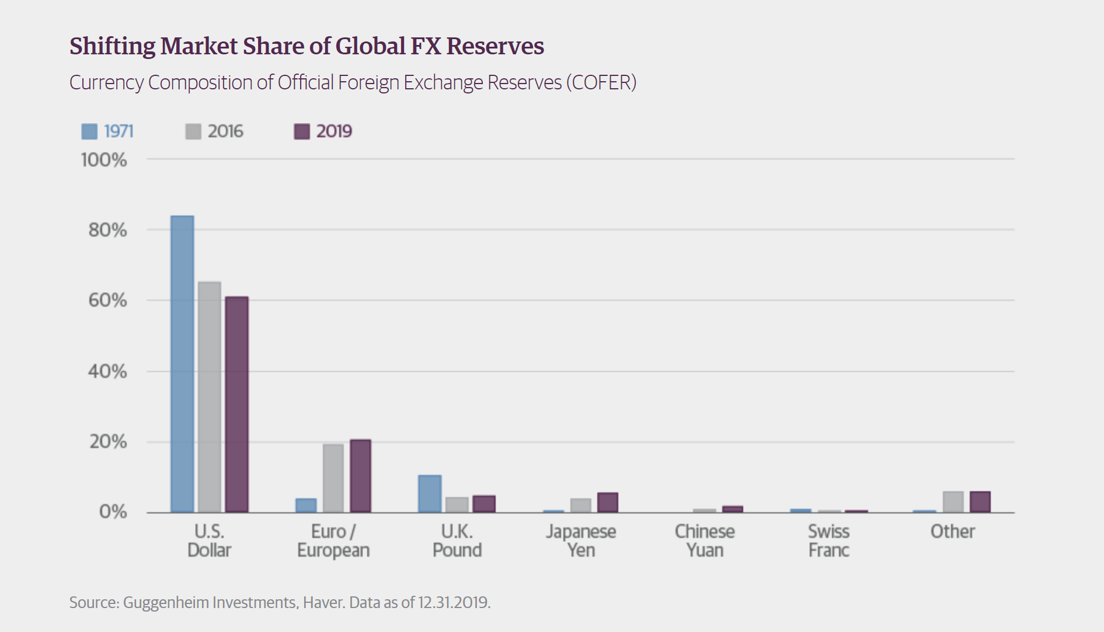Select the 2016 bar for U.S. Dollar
210,397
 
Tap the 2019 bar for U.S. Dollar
237,404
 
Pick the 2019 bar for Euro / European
360,476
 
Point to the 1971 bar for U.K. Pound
430,494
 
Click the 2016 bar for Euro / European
333,478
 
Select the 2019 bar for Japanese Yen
608,502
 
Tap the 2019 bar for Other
980,502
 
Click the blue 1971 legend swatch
89,131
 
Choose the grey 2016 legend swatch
193,131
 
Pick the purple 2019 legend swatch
302,131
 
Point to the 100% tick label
104,159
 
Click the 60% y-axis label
107,300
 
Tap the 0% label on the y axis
113,512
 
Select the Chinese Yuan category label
705,541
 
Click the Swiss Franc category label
828,541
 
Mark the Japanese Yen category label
581,541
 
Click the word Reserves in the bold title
495,46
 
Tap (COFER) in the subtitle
601,82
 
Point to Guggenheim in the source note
166,602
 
